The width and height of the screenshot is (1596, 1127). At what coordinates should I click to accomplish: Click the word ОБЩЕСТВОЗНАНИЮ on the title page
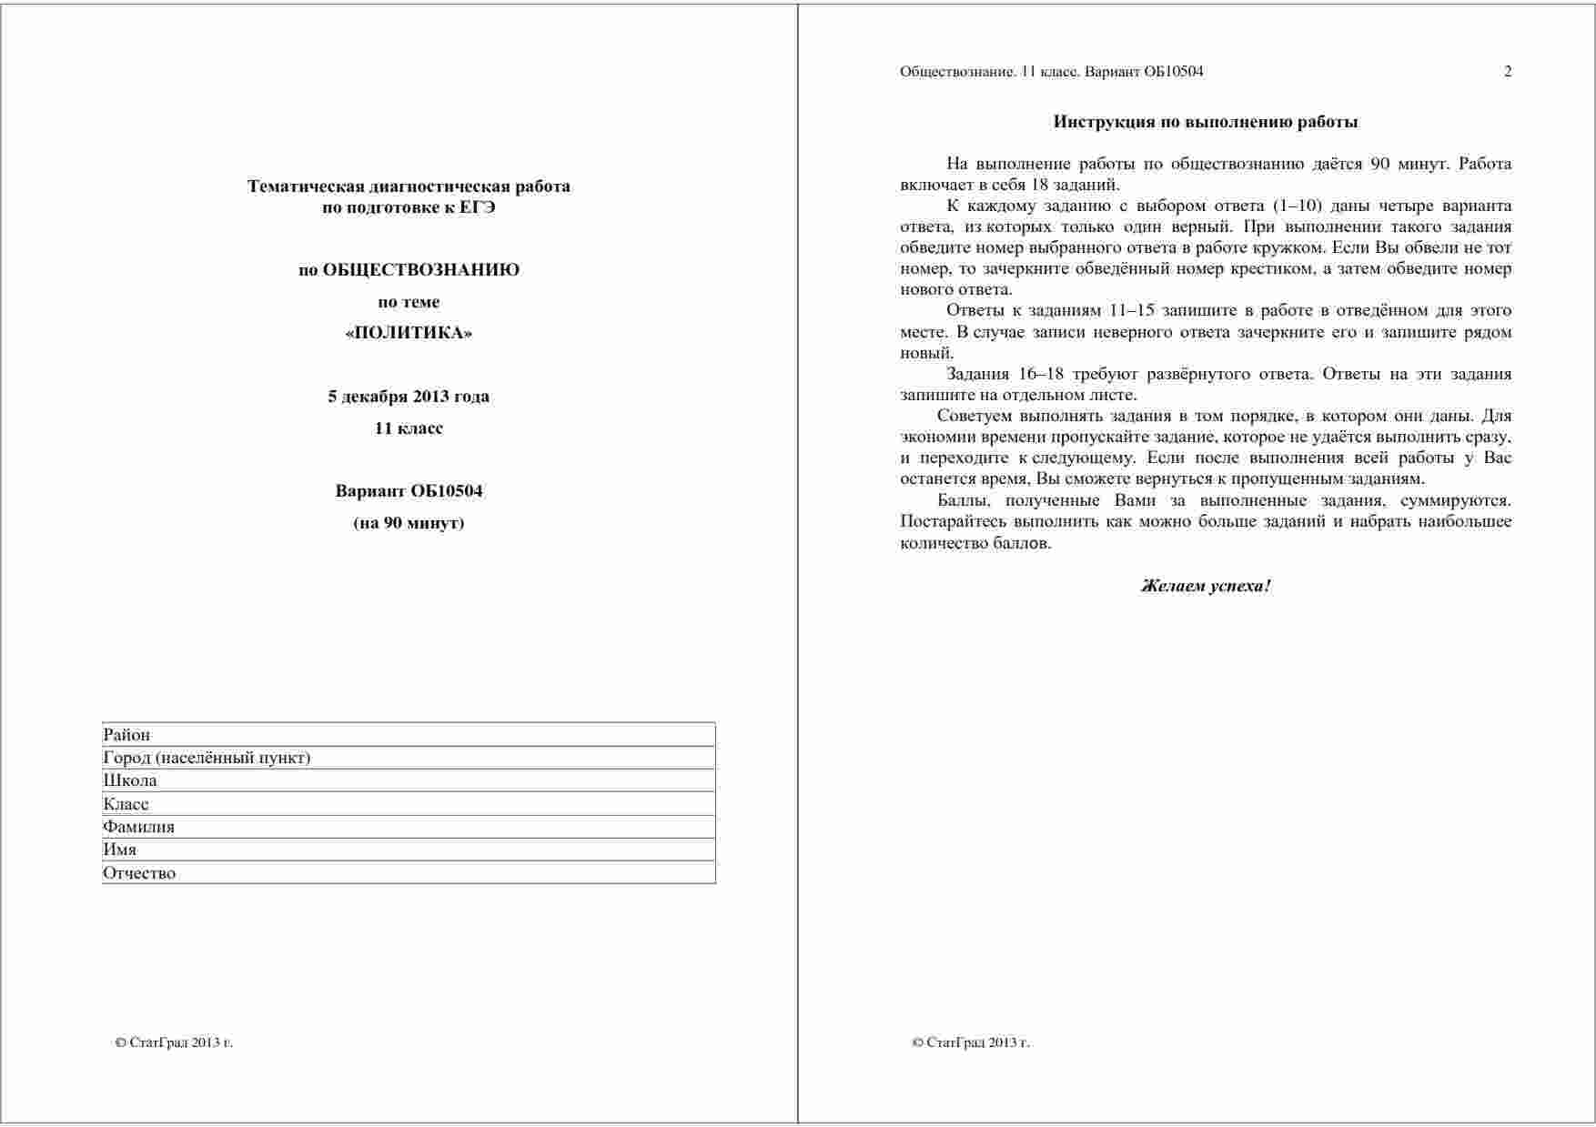[x=421, y=270]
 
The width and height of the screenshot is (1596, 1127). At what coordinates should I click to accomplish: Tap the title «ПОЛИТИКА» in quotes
[x=409, y=333]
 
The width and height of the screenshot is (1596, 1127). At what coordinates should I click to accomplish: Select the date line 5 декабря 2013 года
[x=409, y=397]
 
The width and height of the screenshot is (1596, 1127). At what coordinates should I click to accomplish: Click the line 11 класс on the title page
[x=409, y=428]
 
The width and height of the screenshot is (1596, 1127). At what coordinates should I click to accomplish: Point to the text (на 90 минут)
[x=409, y=523]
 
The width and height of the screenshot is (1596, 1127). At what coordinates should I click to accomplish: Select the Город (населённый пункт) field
[x=207, y=758]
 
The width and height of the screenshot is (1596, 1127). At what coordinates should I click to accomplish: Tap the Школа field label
[x=130, y=780]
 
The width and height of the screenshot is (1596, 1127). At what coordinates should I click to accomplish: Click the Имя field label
[x=120, y=850]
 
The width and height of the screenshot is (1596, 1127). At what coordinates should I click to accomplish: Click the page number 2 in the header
[x=1508, y=72]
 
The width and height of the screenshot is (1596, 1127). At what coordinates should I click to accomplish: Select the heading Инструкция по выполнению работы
[x=1206, y=122]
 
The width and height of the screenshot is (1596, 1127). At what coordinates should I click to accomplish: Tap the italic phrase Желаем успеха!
[x=1206, y=586]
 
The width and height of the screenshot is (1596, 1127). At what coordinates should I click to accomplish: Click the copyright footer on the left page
[x=174, y=1042]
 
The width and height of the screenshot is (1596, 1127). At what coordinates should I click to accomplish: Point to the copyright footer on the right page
[x=970, y=1042]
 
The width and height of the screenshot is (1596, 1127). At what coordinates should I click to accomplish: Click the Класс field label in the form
[x=126, y=804]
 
